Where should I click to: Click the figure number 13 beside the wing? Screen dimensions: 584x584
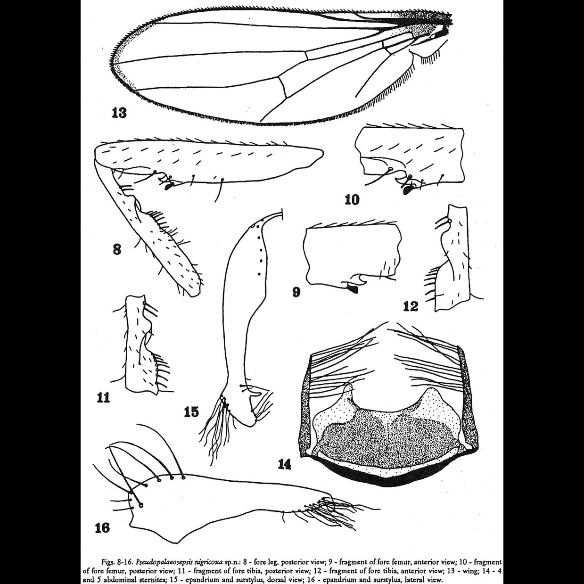tap(119, 113)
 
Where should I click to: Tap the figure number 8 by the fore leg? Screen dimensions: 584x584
tap(117, 248)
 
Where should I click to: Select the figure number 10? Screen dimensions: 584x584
tap(352, 199)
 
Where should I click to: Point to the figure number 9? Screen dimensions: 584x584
tap(296, 292)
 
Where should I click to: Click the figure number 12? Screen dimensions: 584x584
tap(411, 306)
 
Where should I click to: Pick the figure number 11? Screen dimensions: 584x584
tap(103, 397)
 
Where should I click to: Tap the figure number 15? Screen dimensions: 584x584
tap(191, 412)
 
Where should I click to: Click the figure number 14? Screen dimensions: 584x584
tap(284, 464)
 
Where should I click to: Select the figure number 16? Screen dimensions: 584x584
tap(102, 527)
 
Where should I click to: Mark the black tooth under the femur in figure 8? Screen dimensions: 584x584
tap(168, 187)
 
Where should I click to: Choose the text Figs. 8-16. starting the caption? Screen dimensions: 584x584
tap(117, 562)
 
